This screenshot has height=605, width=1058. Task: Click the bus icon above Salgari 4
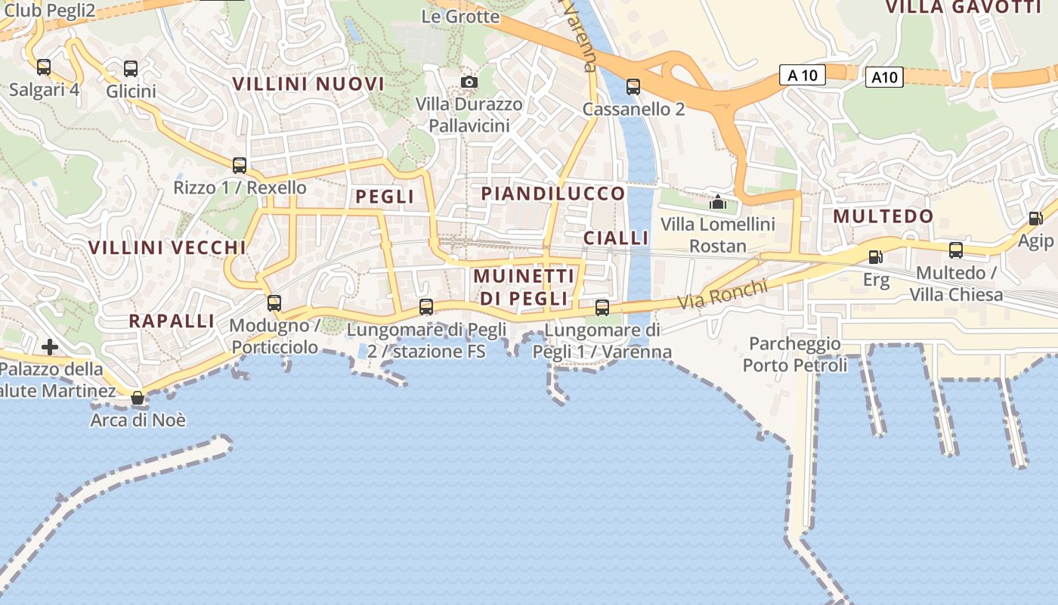pyautogui.click(x=44, y=67)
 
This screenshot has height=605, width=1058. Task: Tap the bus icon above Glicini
pyautogui.click(x=131, y=69)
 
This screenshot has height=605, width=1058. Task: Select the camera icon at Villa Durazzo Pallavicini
pyautogui.click(x=469, y=82)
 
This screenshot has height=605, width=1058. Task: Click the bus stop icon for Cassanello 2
pyautogui.click(x=633, y=87)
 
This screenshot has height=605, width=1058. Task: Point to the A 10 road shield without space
pyautogui.click(x=884, y=77)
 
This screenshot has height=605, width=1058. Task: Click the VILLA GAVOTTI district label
pyautogui.click(x=963, y=8)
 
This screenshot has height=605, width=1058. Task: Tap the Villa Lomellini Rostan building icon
pyautogui.click(x=717, y=202)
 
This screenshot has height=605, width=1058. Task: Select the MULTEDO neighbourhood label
pyautogui.click(x=883, y=216)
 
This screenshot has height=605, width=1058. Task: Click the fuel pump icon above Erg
pyautogui.click(x=876, y=257)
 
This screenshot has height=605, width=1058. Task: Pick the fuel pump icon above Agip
pyautogui.click(x=1035, y=219)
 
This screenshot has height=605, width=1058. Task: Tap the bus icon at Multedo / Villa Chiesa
pyautogui.click(x=956, y=250)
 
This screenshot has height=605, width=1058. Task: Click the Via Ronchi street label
pyautogui.click(x=722, y=294)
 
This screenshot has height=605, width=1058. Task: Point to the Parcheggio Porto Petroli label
pyautogui.click(x=795, y=355)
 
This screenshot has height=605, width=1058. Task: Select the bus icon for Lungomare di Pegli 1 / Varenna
pyautogui.click(x=602, y=307)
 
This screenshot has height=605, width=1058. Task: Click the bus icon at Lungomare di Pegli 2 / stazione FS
pyautogui.click(x=426, y=306)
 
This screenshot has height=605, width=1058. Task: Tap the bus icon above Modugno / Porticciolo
pyautogui.click(x=274, y=303)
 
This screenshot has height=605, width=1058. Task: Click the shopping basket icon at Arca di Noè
pyautogui.click(x=138, y=397)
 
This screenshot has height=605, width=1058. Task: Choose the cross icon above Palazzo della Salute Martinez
pyautogui.click(x=50, y=347)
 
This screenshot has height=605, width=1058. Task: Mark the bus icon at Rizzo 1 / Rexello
pyautogui.click(x=240, y=165)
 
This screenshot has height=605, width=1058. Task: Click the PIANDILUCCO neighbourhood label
pyautogui.click(x=553, y=194)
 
